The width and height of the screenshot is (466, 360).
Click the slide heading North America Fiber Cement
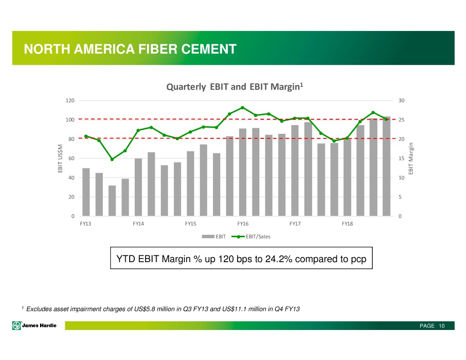[x=130, y=49]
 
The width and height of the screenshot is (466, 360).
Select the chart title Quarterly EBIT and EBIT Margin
[x=233, y=86]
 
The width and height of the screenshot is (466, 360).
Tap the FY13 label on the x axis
[x=86, y=224]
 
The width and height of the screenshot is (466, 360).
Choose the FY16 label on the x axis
[x=243, y=224]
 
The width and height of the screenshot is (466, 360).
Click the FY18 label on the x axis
[x=347, y=224]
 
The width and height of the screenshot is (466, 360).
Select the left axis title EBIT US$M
[x=60, y=158]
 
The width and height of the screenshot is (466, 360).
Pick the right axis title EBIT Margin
[x=411, y=158]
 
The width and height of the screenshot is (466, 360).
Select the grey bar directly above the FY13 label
[x=86, y=192]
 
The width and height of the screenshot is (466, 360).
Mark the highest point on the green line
[x=243, y=107]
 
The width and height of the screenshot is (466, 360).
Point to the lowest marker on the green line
[x=112, y=159]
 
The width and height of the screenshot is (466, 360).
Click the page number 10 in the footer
[x=442, y=326]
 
